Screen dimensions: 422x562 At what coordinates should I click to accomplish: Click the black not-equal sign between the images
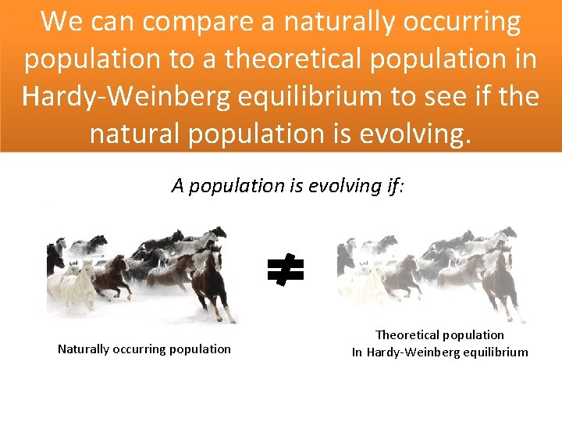[x=285, y=271]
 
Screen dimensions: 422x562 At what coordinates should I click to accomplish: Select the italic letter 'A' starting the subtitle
[x=177, y=186]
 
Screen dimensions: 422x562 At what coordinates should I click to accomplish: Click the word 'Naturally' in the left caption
[x=84, y=349]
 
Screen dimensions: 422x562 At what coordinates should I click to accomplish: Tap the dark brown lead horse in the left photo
[x=211, y=281]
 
